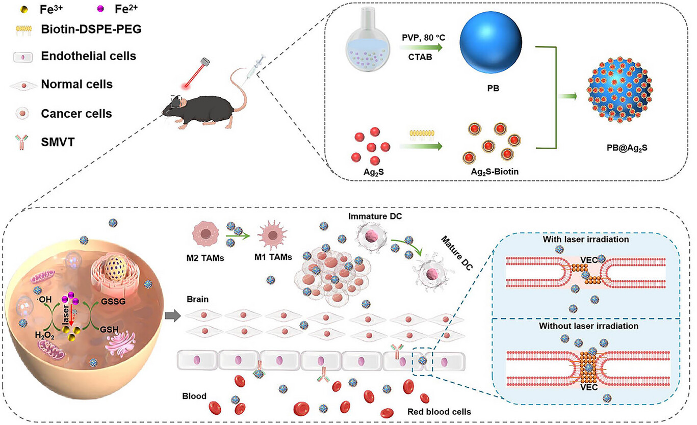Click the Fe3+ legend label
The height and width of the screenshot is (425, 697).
51,9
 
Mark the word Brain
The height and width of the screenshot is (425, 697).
197,300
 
